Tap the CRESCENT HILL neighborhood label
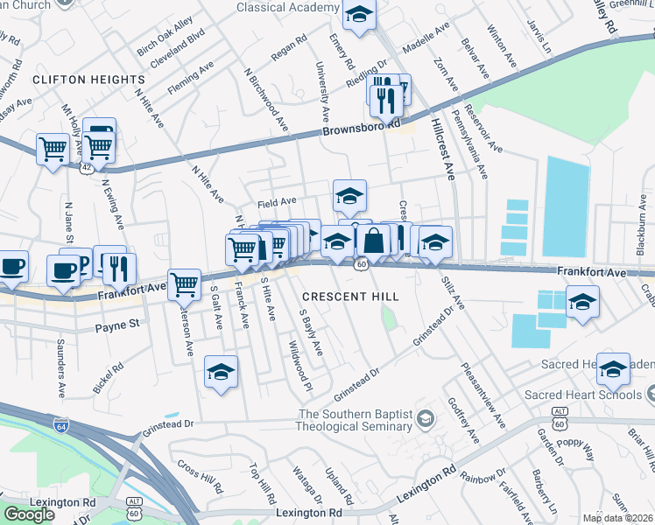tap(350, 297)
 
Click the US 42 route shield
tap(87, 165)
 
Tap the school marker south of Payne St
tap(222, 371)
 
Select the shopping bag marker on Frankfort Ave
tap(373, 241)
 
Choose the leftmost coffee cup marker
tap(11, 266)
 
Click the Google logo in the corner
tap(29, 514)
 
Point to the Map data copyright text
tap(617, 518)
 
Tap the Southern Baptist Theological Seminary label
tap(356, 420)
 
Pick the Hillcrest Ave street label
tap(441, 146)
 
